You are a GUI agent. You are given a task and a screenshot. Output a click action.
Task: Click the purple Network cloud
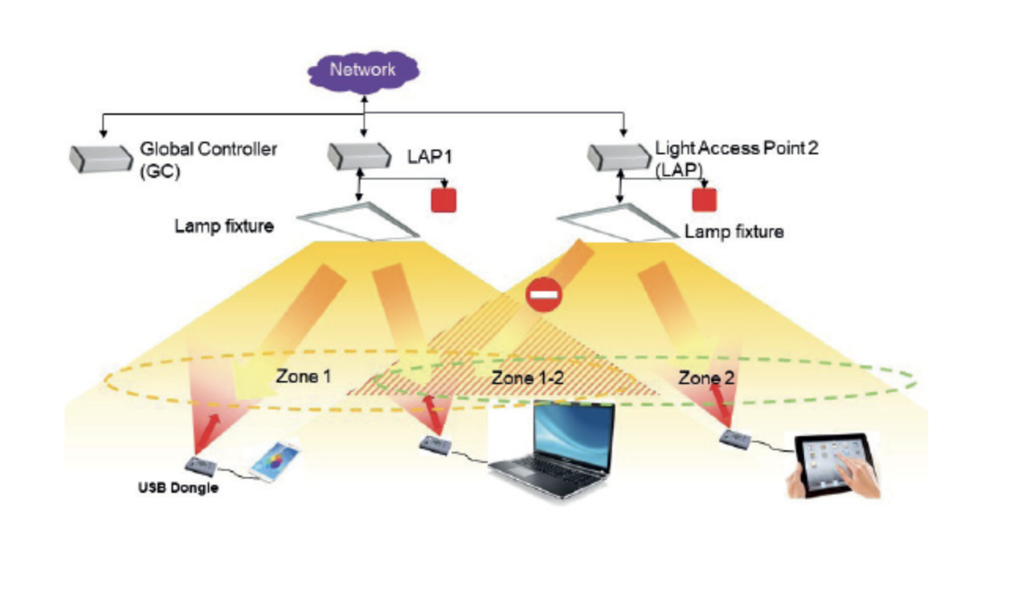(x=363, y=70)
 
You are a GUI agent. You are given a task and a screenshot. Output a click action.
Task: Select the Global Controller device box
(x=99, y=157)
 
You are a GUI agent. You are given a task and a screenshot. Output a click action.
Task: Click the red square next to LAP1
(x=444, y=200)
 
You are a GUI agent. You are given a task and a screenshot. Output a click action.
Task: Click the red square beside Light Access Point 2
(x=704, y=199)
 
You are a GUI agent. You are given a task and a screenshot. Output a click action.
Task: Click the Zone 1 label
(x=303, y=376)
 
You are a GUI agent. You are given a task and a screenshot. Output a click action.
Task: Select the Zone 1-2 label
(x=528, y=378)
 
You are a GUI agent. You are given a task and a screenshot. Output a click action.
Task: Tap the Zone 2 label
(x=706, y=378)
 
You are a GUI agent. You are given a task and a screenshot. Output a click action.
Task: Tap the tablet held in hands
(x=834, y=465)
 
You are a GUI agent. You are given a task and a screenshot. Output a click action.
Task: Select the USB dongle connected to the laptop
(x=436, y=446)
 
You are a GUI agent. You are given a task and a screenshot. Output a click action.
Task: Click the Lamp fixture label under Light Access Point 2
(x=734, y=232)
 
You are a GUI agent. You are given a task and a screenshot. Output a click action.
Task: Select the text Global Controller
(x=208, y=148)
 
